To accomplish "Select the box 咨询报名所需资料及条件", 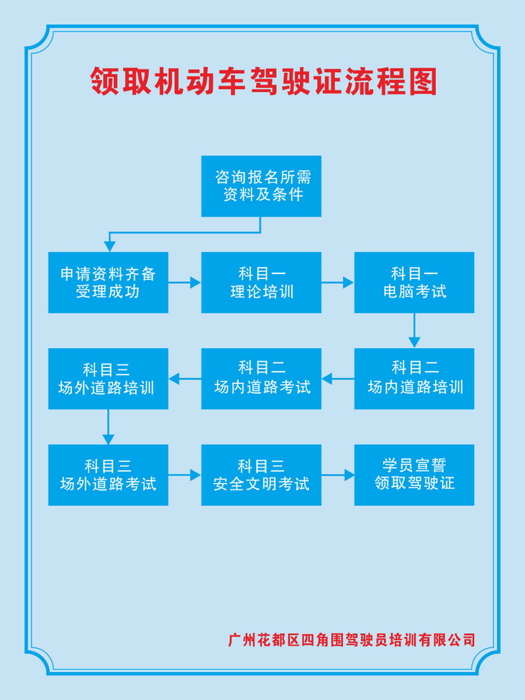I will click(x=261, y=186).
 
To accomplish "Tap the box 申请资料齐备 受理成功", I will click(x=108, y=282).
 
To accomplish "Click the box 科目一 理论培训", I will click(x=261, y=282).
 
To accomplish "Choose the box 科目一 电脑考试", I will click(x=414, y=282).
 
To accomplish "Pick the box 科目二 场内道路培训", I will click(x=414, y=378).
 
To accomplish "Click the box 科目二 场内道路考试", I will click(x=261, y=378).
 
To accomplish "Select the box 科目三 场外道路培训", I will click(x=108, y=378).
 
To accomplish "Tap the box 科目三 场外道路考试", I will click(x=108, y=475).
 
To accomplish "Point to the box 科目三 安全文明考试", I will click(x=261, y=475).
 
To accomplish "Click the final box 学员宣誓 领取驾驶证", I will click(x=414, y=475).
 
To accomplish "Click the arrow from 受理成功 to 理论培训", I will click(x=185, y=283).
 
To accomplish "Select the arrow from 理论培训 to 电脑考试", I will click(x=337, y=283).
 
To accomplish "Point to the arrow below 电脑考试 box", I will click(x=414, y=331).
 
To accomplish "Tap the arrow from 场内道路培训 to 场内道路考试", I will click(x=338, y=378).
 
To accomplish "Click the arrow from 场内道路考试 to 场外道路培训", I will click(x=185, y=378).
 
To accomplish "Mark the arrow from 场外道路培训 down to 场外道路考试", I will click(x=109, y=427).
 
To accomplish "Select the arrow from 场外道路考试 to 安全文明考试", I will click(x=185, y=475).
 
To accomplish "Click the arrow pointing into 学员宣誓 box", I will click(x=338, y=475).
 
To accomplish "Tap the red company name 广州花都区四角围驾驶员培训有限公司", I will click(x=352, y=640).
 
